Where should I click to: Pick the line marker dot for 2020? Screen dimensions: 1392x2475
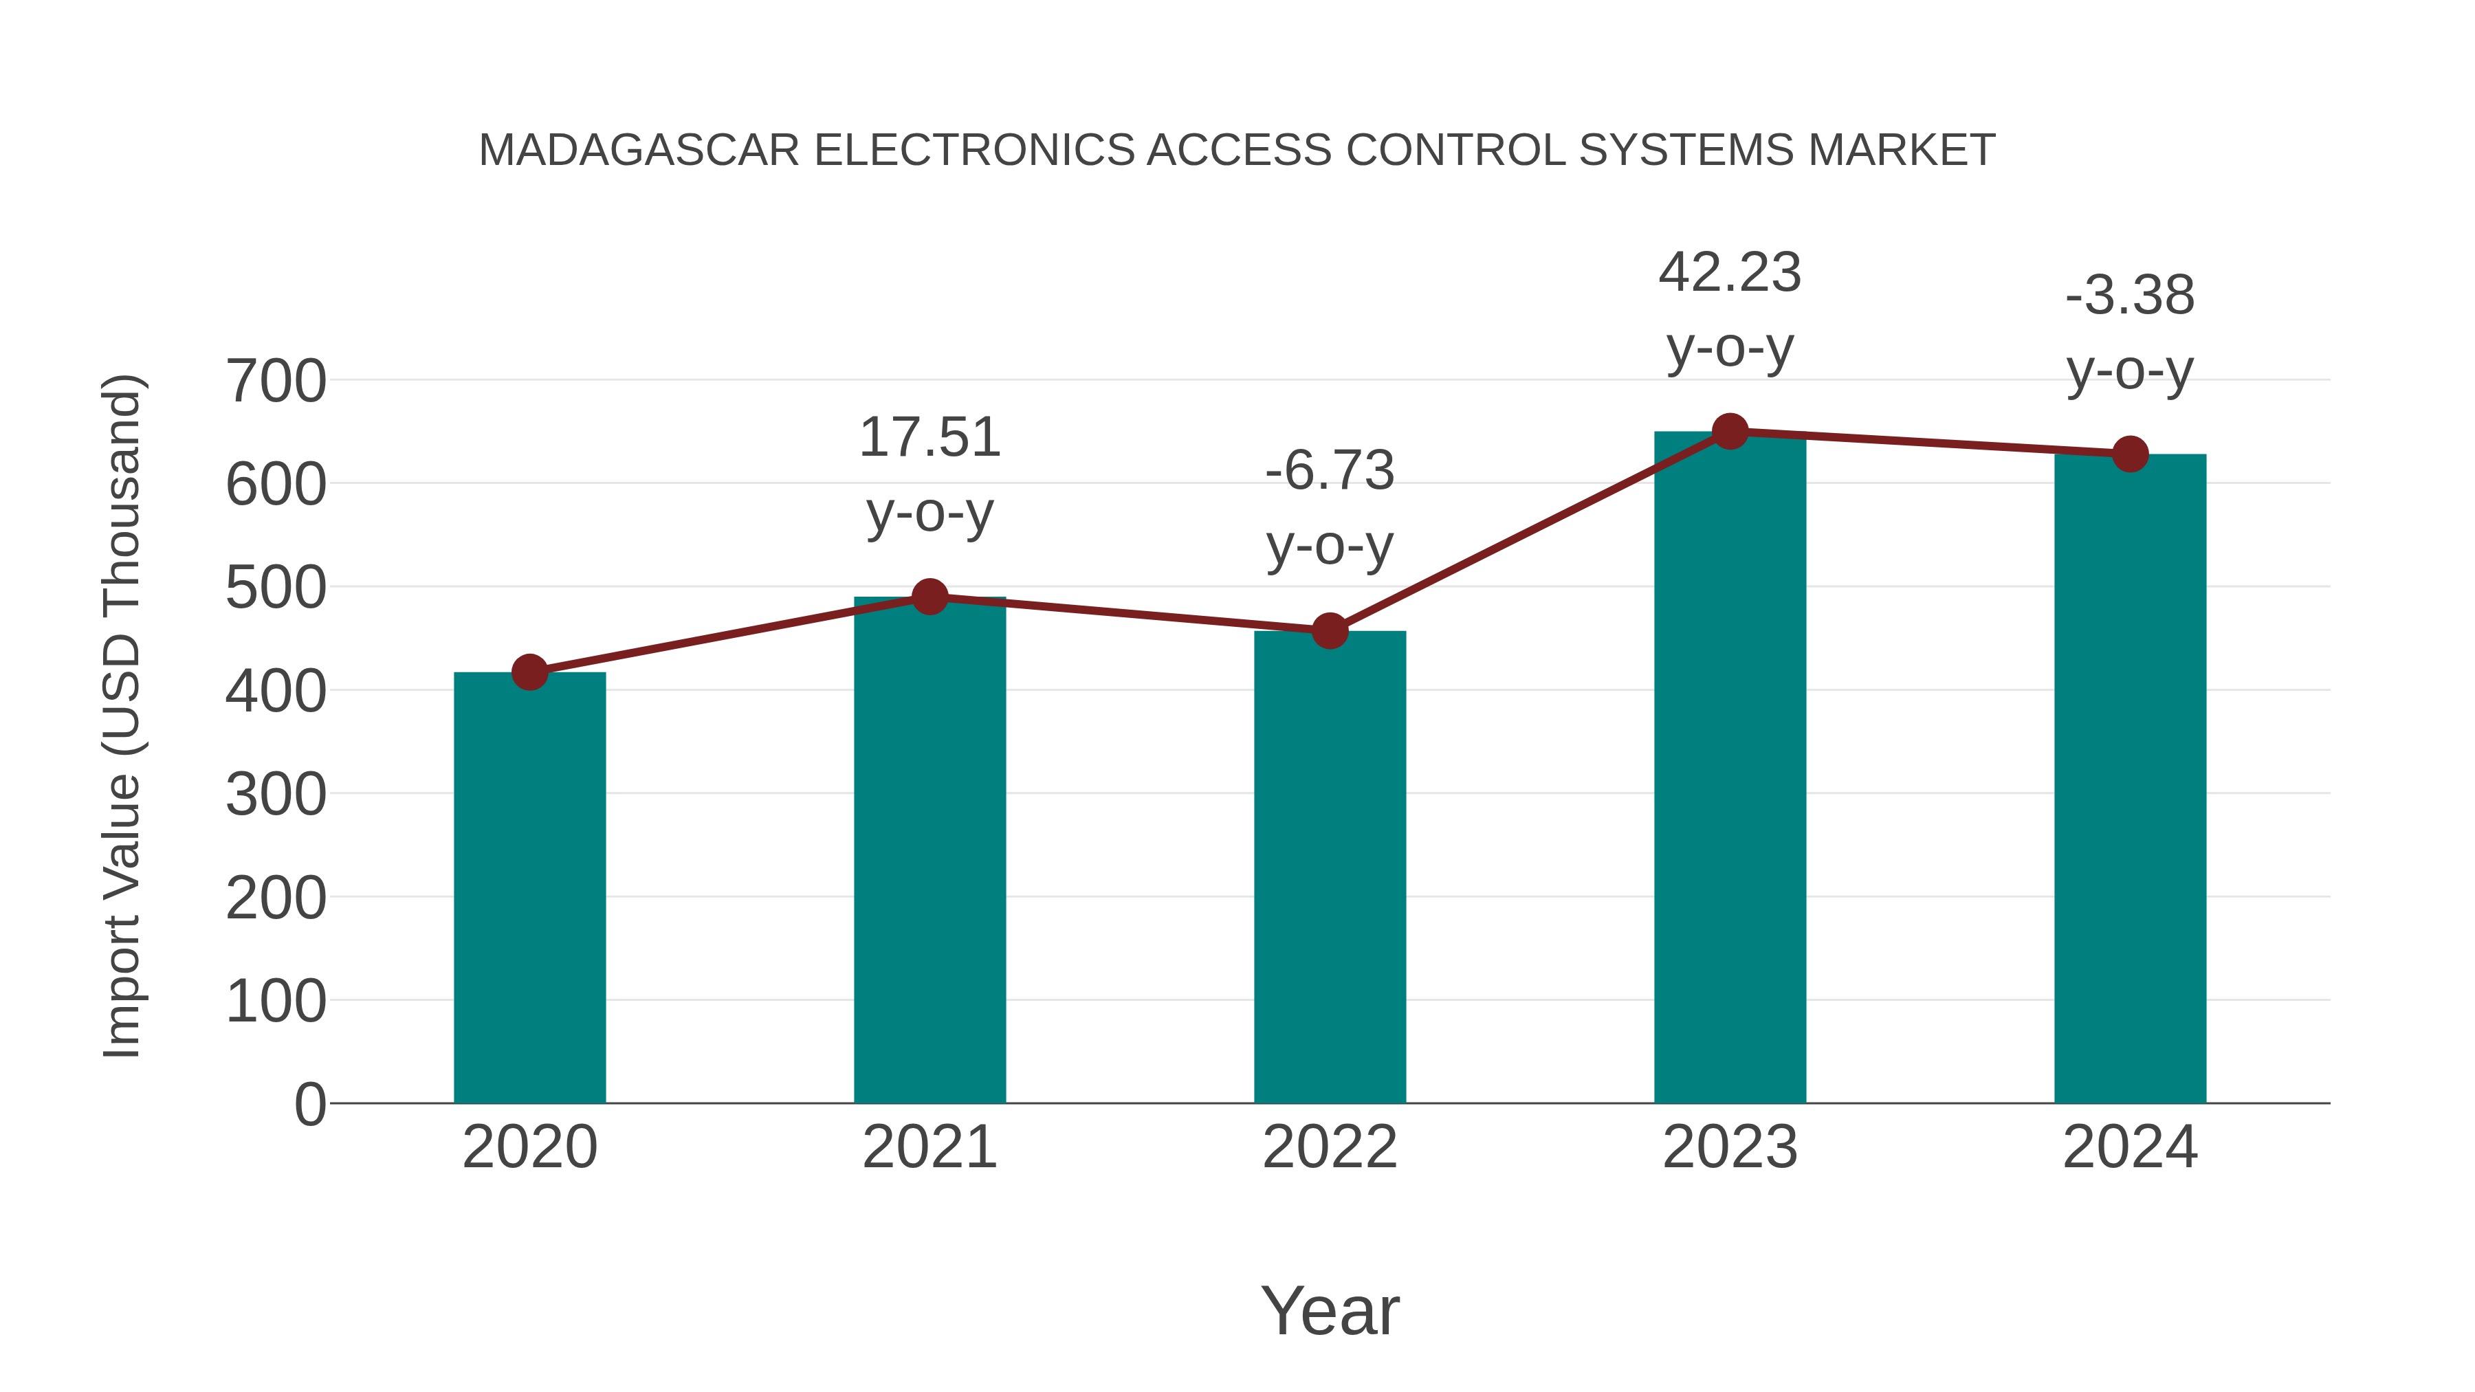tap(529, 672)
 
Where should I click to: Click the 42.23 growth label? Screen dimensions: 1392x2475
tap(1730, 273)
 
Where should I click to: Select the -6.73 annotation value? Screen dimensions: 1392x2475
tap(1330, 472)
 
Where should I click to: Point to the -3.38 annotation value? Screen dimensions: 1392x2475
tap(2130, 296)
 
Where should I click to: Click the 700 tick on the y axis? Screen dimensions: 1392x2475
tap(276, 382)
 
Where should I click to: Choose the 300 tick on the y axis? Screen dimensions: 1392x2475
tap(276, 795)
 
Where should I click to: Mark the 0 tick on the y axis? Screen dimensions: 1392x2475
tap(309, 1105)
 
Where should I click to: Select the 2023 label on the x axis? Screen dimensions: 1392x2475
tap(1730, 1148)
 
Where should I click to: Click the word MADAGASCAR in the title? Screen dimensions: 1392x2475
tap(639, 151)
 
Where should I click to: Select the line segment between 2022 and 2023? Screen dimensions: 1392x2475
tap(1530, 532)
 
